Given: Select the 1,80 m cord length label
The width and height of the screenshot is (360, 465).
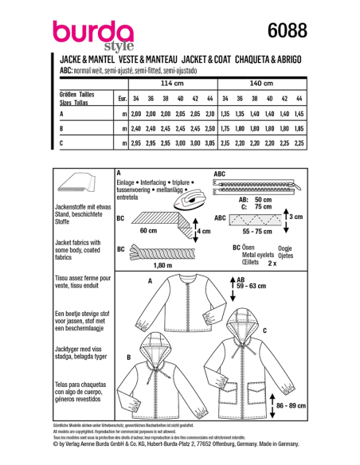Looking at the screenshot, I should click(x=140, y=264).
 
